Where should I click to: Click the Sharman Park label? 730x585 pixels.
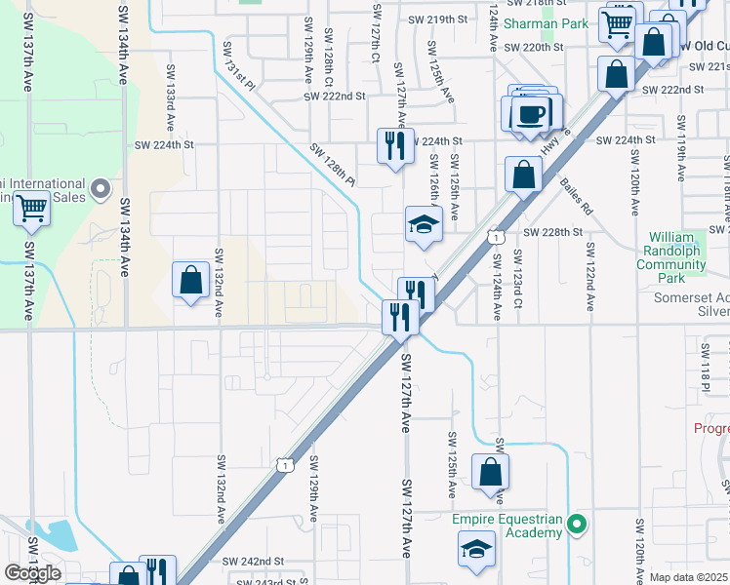point(552,23)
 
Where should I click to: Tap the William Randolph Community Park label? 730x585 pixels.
point(686,251)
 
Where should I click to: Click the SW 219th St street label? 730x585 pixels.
point(438,19)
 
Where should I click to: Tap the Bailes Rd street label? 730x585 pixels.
point(576,196)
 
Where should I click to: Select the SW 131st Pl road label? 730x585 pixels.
point(238,66)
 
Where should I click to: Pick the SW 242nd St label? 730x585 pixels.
point(253,562)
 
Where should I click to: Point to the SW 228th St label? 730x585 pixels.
point(552,232)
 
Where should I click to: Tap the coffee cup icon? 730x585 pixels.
point(531,113)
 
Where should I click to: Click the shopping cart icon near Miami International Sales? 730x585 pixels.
point(32,207)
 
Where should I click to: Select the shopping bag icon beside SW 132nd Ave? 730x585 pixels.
point(191,279)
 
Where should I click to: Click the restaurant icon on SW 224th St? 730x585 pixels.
point(395,146)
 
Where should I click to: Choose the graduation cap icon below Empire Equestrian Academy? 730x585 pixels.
point(475,548)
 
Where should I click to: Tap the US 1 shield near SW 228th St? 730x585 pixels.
point(497,237)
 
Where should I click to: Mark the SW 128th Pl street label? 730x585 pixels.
point(334,165)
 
